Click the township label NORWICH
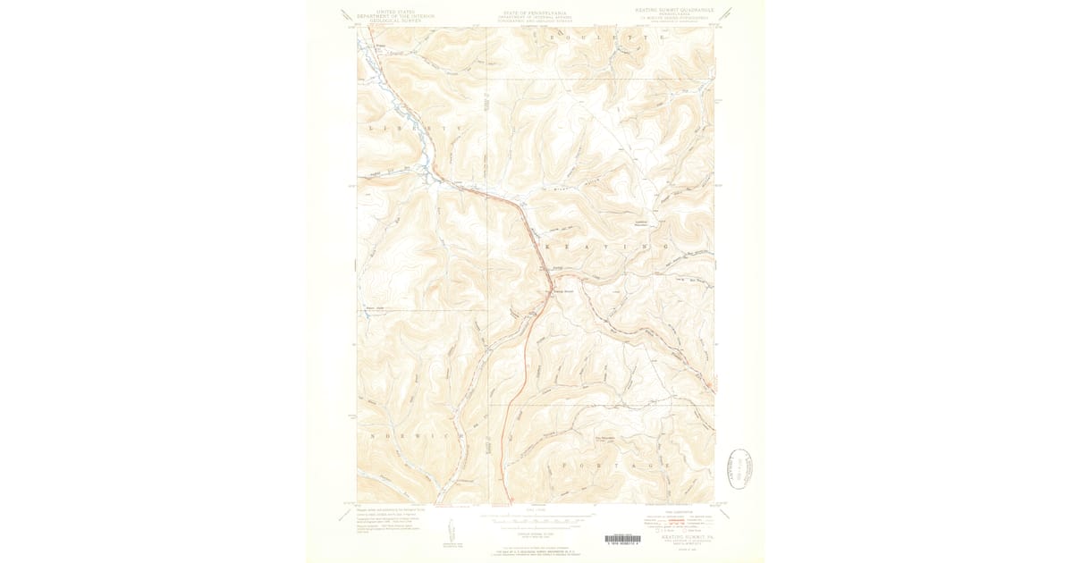coord(413,435)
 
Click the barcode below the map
coord(622,539)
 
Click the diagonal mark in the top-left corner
coord(347,15)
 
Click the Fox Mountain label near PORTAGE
coord(607,438)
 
